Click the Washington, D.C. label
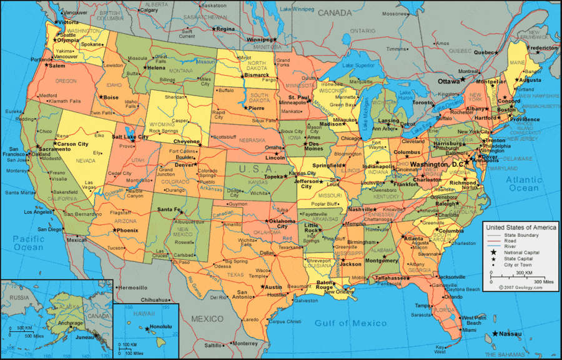click(436, 164)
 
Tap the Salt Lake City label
click(131, 136)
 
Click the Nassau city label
click(510, 334)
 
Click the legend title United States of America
click(521, 227)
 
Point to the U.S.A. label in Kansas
click(257, 169)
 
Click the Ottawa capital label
click(448, 81)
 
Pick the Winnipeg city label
click(260, 39)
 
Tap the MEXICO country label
click(207, 319)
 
